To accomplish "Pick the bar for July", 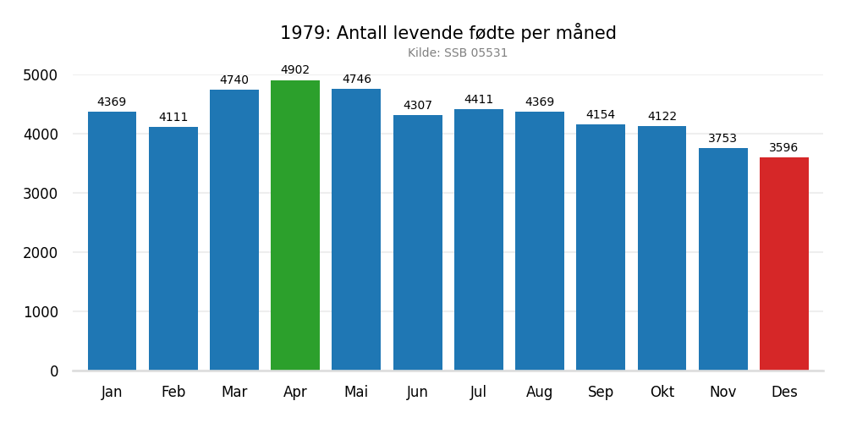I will [x=479, y=239].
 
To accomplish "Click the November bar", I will [x=722, y=259].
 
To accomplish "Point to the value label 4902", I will [x=295, y=70].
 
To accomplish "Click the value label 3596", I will [x=783, y=148].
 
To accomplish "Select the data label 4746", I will [x=356, y=80].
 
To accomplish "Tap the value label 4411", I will [x=479, y=100].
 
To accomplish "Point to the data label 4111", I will [x=173, y=118].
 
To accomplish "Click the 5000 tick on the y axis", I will [x=41, y=75].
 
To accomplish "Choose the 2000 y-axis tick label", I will [x=41, y=253].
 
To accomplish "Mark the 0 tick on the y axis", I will [x=54, y=371].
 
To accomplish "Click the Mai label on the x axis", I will [x=356, y=393].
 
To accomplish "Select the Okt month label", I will [x=662, y=393].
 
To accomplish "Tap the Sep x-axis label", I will [x=601, y=393].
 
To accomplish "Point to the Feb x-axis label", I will [x=173, y=393].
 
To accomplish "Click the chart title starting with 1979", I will [x=448, y=34].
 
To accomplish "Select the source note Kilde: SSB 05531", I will [x=458, y=53].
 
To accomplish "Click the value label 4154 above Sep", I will [x=601, y=115].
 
